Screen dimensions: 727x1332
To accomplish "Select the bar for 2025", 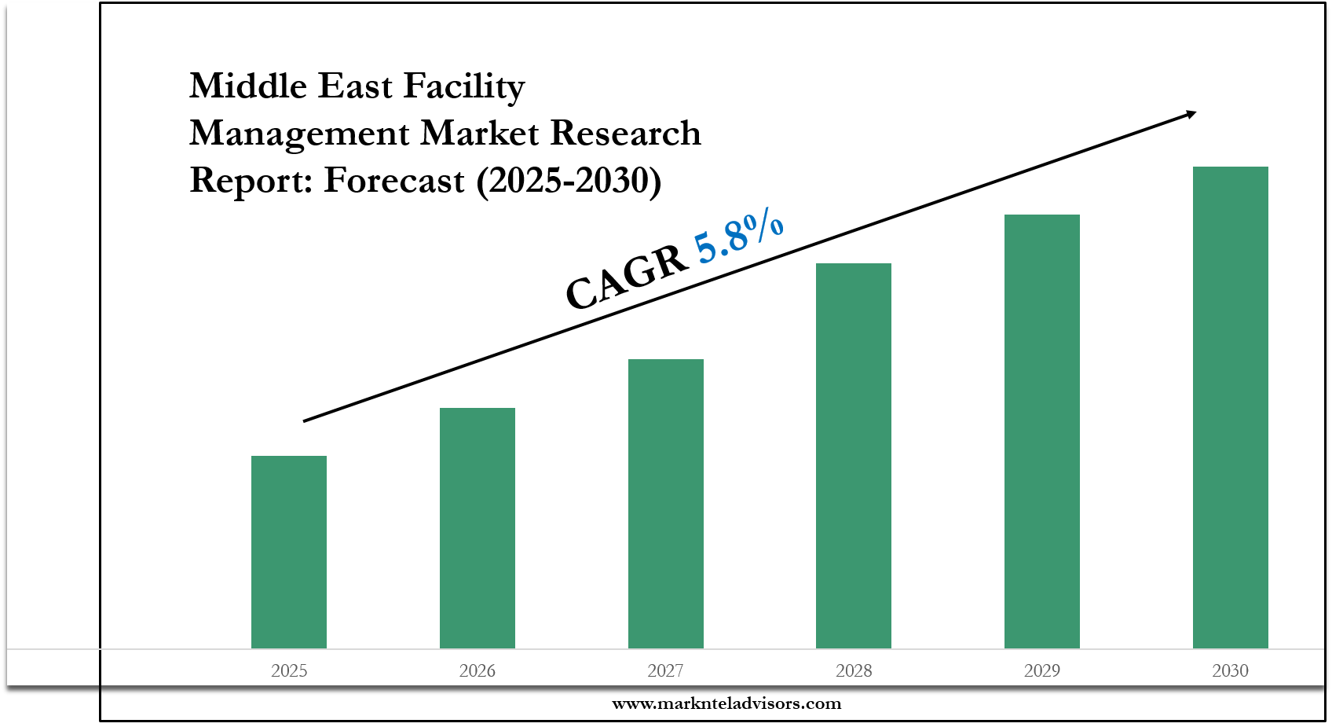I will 289,552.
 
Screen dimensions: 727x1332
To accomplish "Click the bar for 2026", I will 478,528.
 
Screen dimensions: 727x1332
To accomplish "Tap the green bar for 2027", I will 666,504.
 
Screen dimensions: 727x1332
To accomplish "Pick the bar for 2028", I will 854,456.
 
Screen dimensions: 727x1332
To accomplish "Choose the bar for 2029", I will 1042,431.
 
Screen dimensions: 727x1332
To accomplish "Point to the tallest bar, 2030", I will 1231,407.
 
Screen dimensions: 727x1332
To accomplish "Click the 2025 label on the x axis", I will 289,670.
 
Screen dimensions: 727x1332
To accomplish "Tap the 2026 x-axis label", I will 478,670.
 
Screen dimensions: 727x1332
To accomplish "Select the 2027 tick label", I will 666,670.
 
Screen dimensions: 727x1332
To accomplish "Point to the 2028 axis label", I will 854,670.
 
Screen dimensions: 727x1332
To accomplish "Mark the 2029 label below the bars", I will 1042,670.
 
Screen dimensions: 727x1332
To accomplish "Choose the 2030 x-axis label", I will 1231,670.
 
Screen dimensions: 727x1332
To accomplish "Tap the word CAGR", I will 626,277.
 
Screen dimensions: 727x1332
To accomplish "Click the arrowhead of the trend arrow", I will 1191,115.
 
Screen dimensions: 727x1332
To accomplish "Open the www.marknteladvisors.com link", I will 726,703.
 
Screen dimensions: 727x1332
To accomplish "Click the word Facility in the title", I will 463,86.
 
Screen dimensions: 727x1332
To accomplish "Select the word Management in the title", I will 299,134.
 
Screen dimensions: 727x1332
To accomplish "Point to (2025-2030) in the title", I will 569,181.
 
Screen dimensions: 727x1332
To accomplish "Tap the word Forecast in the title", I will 394,181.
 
